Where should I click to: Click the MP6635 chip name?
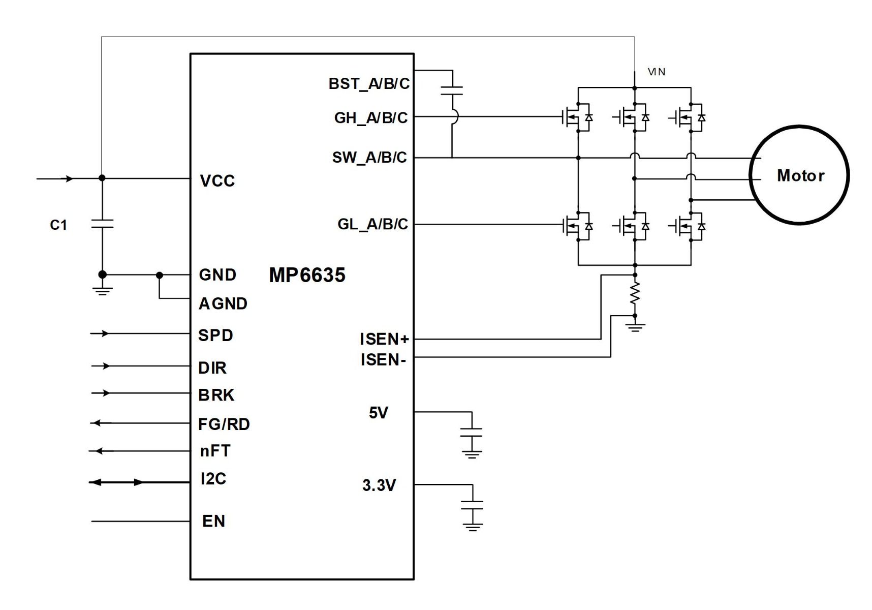click(x=307, y=275)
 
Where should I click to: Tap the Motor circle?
click(x=799, y=175)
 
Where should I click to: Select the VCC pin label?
click(x=217, y=181)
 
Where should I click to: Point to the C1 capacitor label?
click(x=58, y=225)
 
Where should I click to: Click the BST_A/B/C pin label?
click(x=369, y=84)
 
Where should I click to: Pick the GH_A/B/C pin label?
click(x=371, y=118)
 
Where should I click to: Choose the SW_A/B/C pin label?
click(x=369, y=158)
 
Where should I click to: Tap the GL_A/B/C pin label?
click(x=372, y=224)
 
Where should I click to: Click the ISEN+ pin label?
click(x=384, y=339)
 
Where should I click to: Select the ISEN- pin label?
click(x=384, y=360)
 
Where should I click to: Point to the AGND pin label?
click(x=223, y=304)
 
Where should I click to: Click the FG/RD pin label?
click(x=224, y=424)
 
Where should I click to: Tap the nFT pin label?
click(x=215, y=451)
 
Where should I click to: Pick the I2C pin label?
click(x=213, y=479)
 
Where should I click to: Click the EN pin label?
click(x=213, y=522)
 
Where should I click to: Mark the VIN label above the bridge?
click(x=657, y=72)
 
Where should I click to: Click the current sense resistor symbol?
click(x=635, y=294)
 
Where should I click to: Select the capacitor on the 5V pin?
click(x=472, y=433)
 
